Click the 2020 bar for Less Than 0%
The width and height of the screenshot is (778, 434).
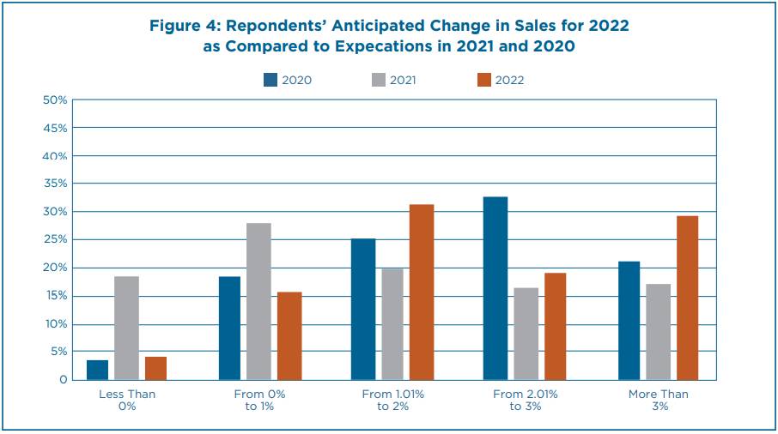98,370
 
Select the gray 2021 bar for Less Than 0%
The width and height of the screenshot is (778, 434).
127,328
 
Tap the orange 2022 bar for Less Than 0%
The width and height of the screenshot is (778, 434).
156,368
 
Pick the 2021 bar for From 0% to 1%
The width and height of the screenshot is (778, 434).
259,301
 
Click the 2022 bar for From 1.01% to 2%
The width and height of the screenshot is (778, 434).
422,292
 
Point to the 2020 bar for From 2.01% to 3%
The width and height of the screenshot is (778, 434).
495,288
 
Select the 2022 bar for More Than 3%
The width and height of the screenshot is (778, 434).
687,298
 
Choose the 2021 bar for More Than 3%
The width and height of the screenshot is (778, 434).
658,331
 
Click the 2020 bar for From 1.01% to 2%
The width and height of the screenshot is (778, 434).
363,309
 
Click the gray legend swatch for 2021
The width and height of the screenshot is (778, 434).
377,80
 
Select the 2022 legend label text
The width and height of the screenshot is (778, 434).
509,81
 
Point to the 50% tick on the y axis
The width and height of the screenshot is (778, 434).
55,100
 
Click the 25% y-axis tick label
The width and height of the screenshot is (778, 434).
55,240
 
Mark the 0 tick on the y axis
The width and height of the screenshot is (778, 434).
62,380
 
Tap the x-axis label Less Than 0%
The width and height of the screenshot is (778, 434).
127,400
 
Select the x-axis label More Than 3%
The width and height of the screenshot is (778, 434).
657,400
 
